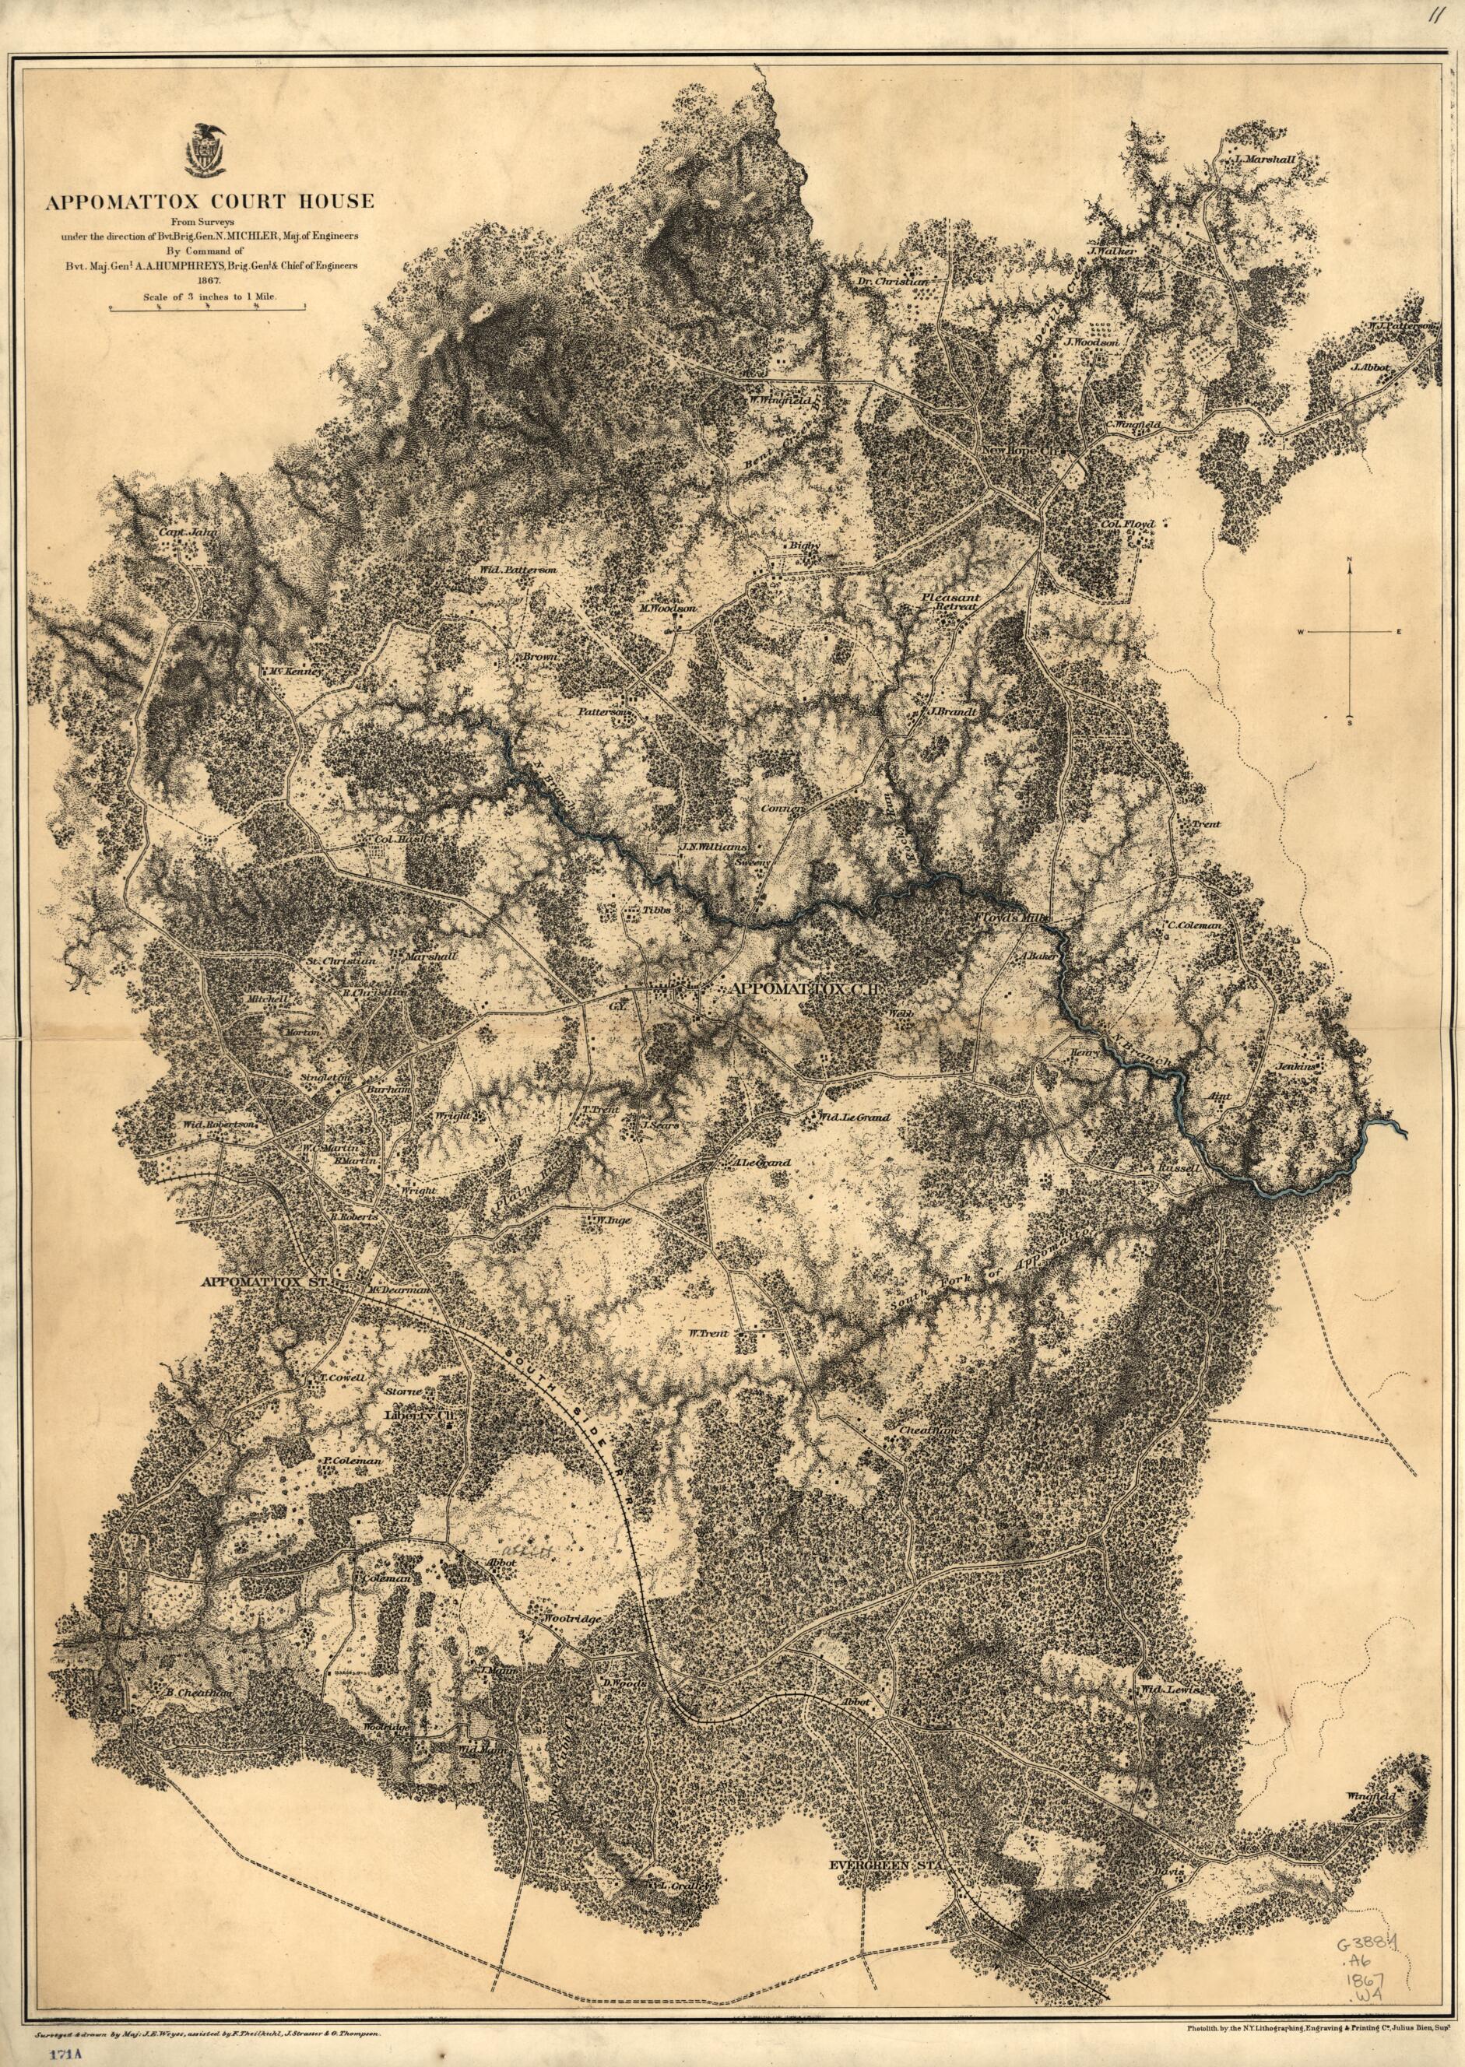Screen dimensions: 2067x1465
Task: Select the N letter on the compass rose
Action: pos(1350,561)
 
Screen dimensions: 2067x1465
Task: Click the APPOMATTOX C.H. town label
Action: pos(810,989)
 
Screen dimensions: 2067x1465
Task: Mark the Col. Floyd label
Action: pos(1126,523)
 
